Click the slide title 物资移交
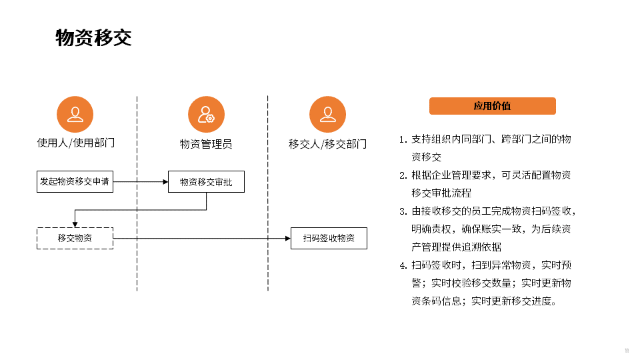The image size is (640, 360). (94, 38)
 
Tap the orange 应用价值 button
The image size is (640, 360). (492, 106)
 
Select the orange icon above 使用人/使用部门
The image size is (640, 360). (75, 114)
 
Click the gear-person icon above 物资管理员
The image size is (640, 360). (206, 114)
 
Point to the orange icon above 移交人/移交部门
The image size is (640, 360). (327, 114)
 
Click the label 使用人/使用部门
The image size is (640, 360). (75, 143)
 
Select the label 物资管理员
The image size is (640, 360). (206, 143)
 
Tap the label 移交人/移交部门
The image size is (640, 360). (327, 143)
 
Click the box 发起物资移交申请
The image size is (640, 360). (75, 181)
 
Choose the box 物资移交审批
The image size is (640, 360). (206, 182)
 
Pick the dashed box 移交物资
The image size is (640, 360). (75, 238)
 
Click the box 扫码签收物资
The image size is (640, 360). (329, 238)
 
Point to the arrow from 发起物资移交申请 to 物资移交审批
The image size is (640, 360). (141, 181)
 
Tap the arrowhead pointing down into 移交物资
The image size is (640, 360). (75, 224)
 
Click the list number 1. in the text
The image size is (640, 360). (403, 140)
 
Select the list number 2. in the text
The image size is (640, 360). (403, 175)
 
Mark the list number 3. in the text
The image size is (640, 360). (403, 211)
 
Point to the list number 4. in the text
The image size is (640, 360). (403, 265)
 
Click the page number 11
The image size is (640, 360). (627, 351)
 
